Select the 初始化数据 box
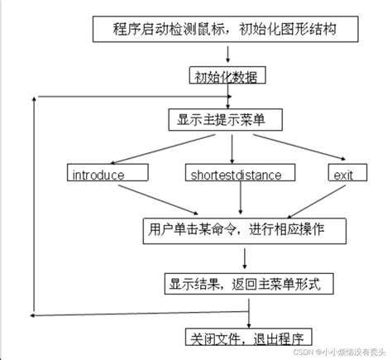[225, 77]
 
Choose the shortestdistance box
[237, 175]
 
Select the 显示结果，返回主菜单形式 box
[246, 282]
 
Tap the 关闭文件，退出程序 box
[246, 338]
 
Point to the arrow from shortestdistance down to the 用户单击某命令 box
[240, 199]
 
